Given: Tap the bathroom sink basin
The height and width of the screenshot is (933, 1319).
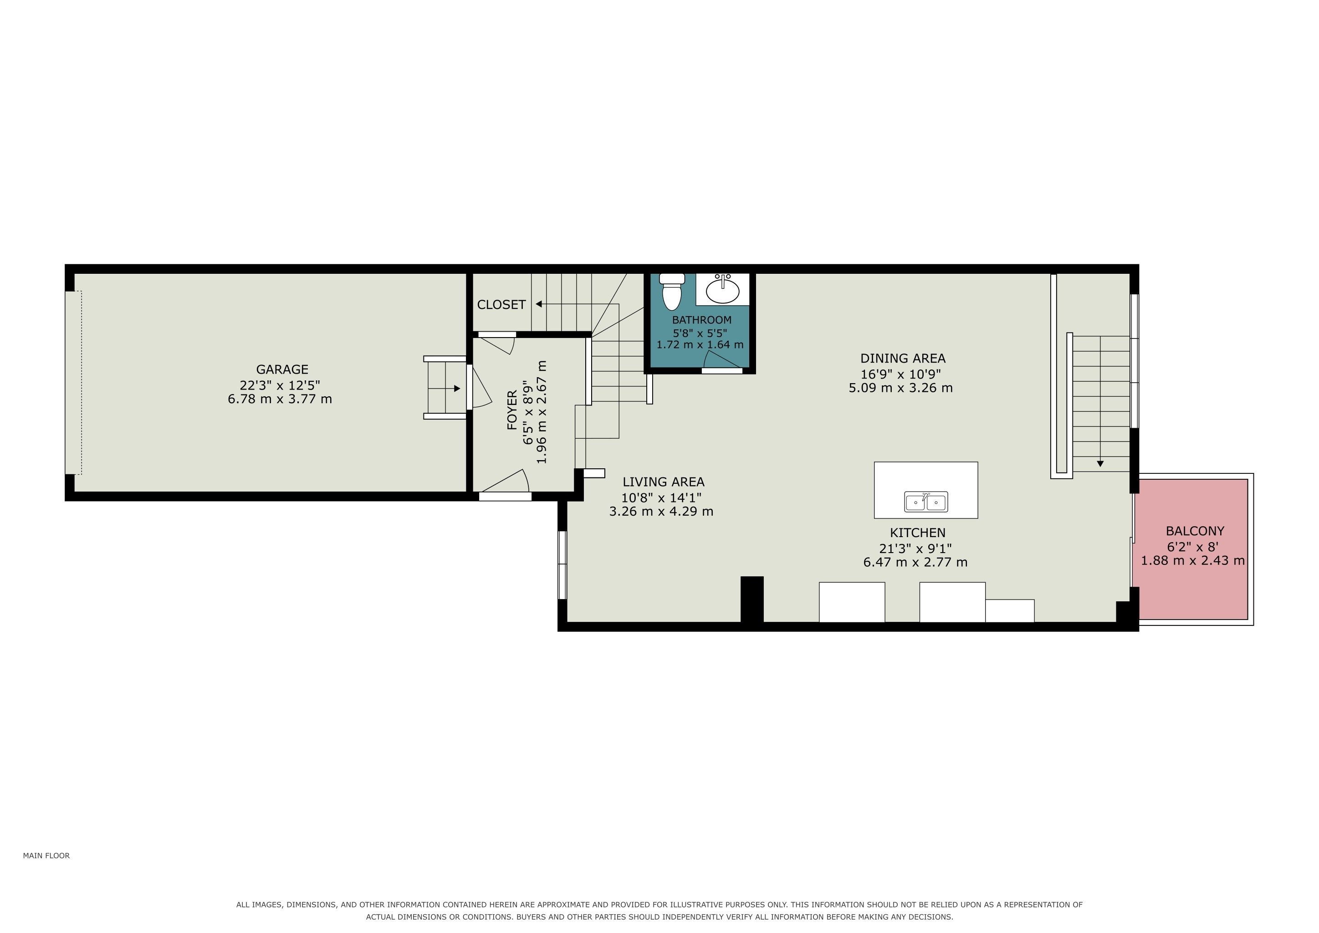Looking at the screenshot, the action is tap(723, 290).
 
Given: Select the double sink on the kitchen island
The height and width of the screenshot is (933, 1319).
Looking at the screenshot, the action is tap(926, 502).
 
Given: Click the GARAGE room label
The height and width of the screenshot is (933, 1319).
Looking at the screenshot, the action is tap(282, 369).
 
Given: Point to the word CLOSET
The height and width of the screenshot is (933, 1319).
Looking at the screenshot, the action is tap(501, 304).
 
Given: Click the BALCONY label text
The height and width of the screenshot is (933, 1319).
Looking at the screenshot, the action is tap(1195, 531).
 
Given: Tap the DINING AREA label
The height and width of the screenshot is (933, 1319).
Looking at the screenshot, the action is tap(903, 359).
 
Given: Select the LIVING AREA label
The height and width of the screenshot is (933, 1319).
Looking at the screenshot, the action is tap(664, 482).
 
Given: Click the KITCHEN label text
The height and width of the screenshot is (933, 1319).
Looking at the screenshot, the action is tap(917, 533).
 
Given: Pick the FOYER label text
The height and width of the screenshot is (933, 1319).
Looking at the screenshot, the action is tap(512, 410).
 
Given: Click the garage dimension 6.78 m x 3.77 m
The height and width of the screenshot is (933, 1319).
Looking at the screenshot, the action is tap(280, 399).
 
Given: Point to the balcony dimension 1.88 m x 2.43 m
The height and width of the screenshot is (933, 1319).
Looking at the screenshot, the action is tap(1193, 560).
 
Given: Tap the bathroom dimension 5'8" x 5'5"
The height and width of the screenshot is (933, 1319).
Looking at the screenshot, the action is tap(700, 333).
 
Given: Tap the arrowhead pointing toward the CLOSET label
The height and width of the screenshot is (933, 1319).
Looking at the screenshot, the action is tap(539, 304).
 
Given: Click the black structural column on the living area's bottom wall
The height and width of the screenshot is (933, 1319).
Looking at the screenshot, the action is tap(752, 599).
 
